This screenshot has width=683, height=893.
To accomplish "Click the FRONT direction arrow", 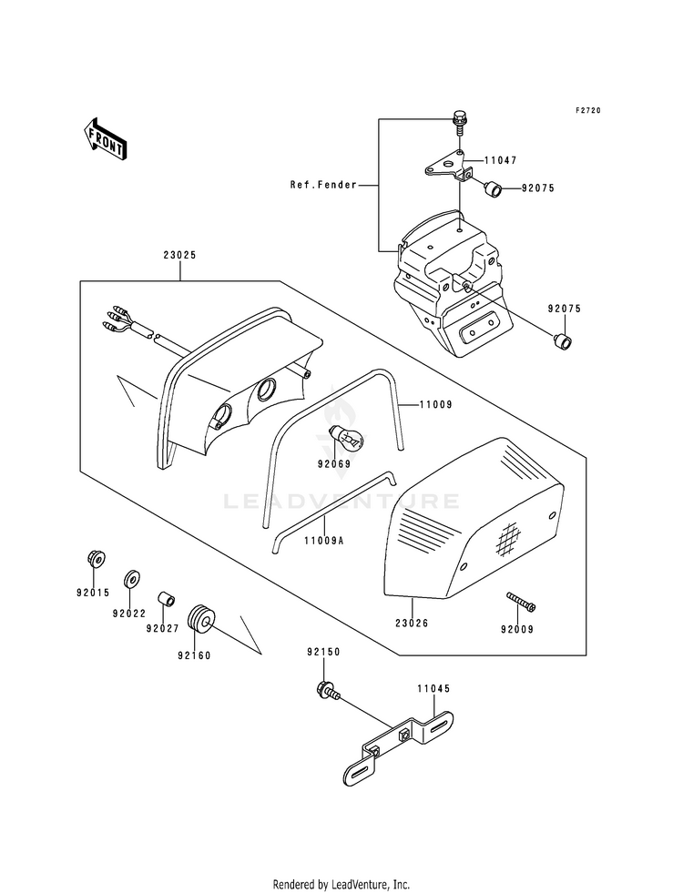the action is [x=105, y=139].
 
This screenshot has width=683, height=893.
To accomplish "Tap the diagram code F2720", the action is [x=587, y=110].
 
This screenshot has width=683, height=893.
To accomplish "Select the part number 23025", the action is [x=180, y=255].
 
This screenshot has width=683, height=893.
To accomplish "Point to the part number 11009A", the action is [x=323, y=541].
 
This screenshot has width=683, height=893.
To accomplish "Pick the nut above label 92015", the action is [x=97, y=559].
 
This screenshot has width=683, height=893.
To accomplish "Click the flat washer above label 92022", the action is [x=130, y=578].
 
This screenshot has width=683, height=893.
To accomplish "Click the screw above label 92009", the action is [x=521, y=602].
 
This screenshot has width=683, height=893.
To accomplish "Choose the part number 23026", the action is [x=412, y=623].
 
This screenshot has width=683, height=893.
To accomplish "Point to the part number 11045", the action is [x=433, y=688].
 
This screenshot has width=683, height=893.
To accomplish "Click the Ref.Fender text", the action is [x=323, y=185].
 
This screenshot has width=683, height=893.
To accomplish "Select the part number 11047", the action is [x=501, y=160].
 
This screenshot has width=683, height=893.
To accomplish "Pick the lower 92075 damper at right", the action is [x=564, y=342].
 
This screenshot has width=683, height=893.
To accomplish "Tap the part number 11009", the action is [x=436, y=405].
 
